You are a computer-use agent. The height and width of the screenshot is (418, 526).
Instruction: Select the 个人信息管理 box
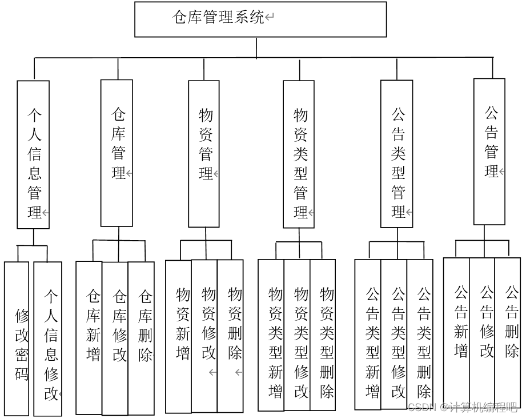click(33, 154)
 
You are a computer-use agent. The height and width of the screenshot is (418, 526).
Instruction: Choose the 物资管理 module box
click(203, 153)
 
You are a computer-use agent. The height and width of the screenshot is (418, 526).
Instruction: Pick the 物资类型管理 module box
click(299, 154)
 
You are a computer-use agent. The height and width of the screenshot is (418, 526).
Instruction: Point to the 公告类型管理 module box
click(396, 154)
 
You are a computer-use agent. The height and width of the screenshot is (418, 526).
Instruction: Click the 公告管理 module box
click(489, 152)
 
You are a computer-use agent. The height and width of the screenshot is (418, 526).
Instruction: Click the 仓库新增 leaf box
click(90, 338)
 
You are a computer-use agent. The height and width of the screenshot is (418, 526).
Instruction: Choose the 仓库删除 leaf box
click(141, 338)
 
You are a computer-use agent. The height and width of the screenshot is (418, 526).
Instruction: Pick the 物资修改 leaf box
click(204, 336)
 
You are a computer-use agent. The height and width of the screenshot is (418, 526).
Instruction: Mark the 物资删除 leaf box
click(230, 336)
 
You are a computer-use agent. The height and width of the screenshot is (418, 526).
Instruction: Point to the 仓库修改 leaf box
click(115, 338)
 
